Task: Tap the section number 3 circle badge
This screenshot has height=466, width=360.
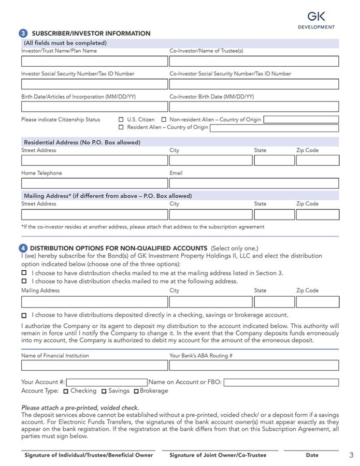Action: coord(24,33)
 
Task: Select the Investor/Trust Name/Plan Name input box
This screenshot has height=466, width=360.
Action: coord(94,61)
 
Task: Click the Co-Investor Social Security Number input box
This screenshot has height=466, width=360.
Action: coord(254,84)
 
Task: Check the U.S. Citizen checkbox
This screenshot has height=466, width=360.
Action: coord(121,120)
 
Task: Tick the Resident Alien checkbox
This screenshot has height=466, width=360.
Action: coord(121,127)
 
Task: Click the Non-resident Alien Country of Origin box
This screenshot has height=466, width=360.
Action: coord(301,120)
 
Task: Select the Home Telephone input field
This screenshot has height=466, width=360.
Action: coord(94,183)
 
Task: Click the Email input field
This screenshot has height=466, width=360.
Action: coord(254,183)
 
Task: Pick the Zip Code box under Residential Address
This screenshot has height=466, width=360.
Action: coord(318,161)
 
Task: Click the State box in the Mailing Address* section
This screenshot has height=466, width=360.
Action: coord(274,214)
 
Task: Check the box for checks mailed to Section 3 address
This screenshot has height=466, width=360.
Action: coord(24,273)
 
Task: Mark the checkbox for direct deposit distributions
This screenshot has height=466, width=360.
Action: coord(24,315)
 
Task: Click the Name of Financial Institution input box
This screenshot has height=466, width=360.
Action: coord(94,366)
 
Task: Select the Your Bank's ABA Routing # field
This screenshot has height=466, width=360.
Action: coord(254,366)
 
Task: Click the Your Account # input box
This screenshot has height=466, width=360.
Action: coord(107,383)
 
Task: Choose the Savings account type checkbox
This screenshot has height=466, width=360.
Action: coord(104,391)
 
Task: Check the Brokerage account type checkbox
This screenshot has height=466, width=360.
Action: coord(137,391)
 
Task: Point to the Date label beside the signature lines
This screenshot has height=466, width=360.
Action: coord(312,455)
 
